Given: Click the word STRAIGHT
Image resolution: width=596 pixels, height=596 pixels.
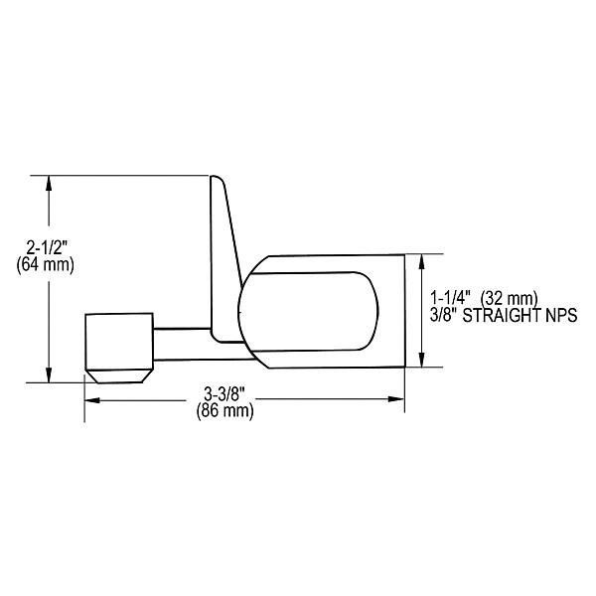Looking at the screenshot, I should pyautogui.click(x=504, y=315).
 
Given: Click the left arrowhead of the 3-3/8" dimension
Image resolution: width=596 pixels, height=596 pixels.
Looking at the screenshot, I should pyautogui.click(x=90, y=400).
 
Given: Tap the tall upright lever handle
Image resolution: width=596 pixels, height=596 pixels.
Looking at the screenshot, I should pyautogui.click(x=223, y=248).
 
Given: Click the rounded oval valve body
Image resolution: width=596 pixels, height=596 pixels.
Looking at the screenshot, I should pyautogui.click(x=308, y=309).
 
